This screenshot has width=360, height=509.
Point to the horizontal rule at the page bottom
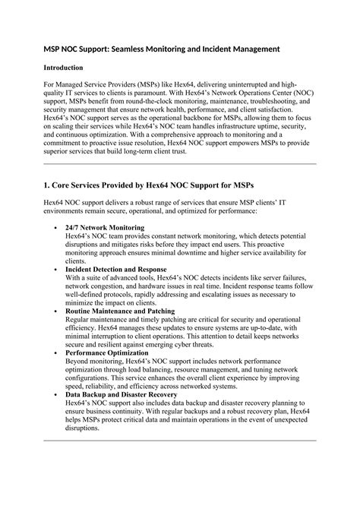[x=180, y=439]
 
